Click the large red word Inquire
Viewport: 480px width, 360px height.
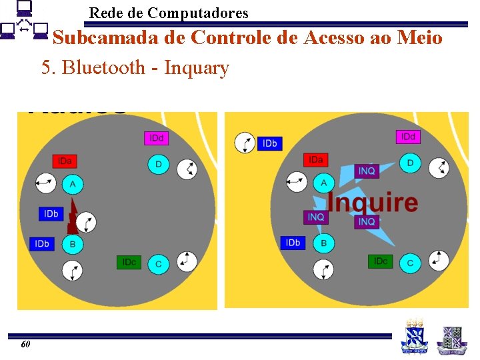373,203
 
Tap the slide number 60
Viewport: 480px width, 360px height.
25,345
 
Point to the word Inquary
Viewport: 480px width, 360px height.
197,67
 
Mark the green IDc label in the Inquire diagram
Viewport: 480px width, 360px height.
380,261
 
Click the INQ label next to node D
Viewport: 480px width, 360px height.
367,171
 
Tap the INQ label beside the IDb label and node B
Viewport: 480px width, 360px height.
316,217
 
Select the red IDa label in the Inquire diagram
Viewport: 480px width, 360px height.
315,160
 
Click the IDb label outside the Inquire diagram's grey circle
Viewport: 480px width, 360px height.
269,143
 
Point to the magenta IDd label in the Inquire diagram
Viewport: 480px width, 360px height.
408,137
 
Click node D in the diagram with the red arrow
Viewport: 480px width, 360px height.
158,164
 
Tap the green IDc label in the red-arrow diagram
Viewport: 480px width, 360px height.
129,263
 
